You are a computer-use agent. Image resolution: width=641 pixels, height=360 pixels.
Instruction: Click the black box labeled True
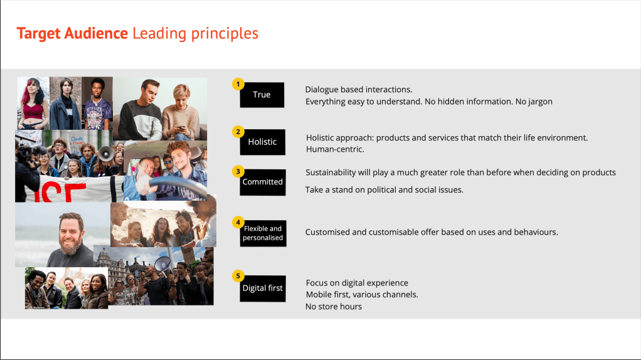pyautogui.click(x=262, y=95)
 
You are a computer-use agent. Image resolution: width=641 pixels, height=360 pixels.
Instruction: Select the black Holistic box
pyautogui.click(x=262, y=142)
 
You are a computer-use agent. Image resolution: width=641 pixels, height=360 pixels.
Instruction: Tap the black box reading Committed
pyautogui.click(x=262, y=182)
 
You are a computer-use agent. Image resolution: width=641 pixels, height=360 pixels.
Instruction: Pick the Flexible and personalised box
pyautogui.click(x=263, y=233)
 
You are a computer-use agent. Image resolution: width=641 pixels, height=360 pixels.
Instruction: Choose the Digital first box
pyautogui.click(x=263, y=289)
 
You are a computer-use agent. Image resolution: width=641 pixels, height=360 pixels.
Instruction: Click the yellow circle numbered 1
pyautogui.click(x=238, y=83)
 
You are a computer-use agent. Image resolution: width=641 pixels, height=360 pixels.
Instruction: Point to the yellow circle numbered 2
pyautogui.click(x=238, y=132)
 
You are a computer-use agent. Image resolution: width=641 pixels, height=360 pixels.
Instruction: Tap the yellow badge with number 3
pyautogui.click(x=238, y=171)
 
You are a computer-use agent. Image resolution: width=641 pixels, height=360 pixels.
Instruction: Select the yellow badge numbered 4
pyautogui.click(x=238, y=222)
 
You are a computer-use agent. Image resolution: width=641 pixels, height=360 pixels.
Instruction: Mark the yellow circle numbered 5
pyautogui.click(x=238, y=275)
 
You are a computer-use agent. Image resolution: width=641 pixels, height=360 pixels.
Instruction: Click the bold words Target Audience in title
pyautogui.click(x=72, y=33)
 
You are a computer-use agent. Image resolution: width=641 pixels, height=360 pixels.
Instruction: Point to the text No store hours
pyautogui.click(x=334, y=307)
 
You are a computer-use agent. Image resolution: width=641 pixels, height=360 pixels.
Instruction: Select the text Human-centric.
pyautogui.click(x=335, y=149)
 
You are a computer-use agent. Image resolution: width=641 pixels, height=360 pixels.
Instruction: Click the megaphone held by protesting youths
pyautogui.click(x=104, y=152)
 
